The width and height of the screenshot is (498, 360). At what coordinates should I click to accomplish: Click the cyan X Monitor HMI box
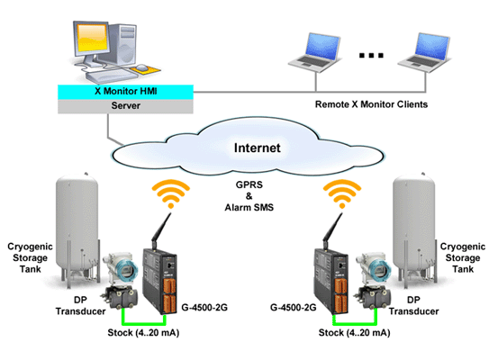tap(125, 92)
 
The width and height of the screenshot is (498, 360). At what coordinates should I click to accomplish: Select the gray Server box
tap(125, 106)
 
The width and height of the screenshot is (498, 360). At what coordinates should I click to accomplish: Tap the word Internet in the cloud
tap(258, 148)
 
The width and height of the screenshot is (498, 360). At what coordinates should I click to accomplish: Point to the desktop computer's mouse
tap(142, 67)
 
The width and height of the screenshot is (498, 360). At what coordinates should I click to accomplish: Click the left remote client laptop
tap(315, 52)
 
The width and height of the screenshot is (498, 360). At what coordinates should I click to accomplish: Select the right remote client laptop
tap(425, 52)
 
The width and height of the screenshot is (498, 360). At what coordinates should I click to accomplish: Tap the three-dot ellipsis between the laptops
tap(371, 56)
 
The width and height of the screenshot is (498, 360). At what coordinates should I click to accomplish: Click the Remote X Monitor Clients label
tap(371, 104)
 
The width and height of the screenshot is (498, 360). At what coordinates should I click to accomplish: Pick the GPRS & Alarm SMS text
tap(249, 196)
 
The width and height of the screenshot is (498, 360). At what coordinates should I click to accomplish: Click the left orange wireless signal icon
tap(171, 193)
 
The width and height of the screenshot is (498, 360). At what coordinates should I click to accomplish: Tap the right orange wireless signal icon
tap(342, 193)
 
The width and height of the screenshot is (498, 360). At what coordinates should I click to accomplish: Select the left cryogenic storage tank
tap(77, 229)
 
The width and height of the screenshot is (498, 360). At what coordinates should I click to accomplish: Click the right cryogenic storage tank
tap(414, 229)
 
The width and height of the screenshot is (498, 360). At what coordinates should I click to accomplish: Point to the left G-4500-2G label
tap(204, 307)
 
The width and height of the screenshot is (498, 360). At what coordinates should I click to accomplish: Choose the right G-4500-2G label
tap(294, 307)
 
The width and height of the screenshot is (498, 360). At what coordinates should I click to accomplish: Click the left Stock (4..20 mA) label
tap(143, 333)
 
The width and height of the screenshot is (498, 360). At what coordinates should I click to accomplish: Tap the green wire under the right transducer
tap(355, 324)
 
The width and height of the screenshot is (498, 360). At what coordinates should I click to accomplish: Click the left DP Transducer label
tap(81, 305)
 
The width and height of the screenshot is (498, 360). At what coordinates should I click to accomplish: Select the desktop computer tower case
tap(122, 44)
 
